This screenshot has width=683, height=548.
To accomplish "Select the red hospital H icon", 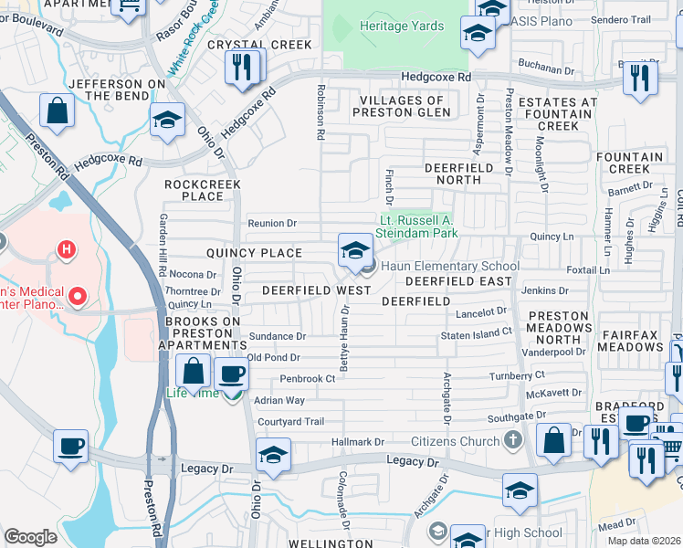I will click(x=65, y=248).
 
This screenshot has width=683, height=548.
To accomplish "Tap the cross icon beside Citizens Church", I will click(x=514, y=441).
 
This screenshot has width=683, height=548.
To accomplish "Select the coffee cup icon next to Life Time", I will click(x=232, y=374).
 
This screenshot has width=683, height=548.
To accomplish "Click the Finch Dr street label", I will click(x=389, y=186).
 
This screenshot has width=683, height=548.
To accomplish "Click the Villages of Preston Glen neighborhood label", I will click(x=405, y=106).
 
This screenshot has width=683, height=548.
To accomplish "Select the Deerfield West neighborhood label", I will click(x=316, y=290).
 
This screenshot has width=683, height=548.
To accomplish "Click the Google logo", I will click(x=30, y=537).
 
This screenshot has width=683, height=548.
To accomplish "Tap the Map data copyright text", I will click(x=644, y=541).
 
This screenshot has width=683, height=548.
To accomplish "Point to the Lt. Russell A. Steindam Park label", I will click(x=418, y=227).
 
